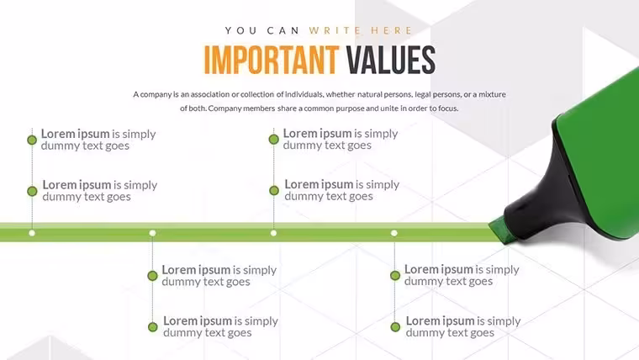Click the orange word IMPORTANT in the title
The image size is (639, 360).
pos(272,60)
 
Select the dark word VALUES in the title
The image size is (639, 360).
pos(391,60)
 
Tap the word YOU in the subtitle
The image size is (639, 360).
pos(240,30)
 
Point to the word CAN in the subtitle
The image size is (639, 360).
pos(283,30)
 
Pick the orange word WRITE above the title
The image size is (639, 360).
pos(335,30)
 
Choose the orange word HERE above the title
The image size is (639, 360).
pos(392,30)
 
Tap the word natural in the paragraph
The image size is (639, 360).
pos(371,94)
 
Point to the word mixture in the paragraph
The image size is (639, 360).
pos(492,94)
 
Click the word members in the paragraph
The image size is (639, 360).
pos(259,109)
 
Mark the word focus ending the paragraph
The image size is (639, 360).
pos(448,109)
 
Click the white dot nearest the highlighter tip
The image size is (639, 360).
pos(394,233)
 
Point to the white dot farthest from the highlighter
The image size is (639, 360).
pos(32,233)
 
